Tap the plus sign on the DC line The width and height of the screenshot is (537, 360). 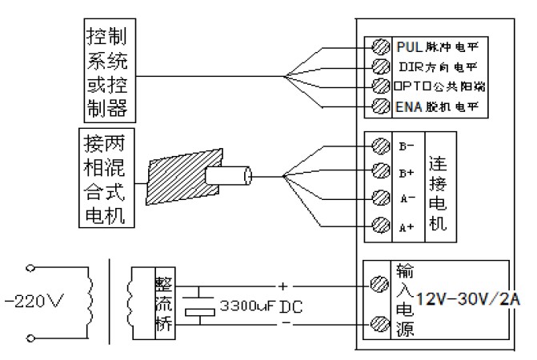pyautogui.click(x=282, y=285)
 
